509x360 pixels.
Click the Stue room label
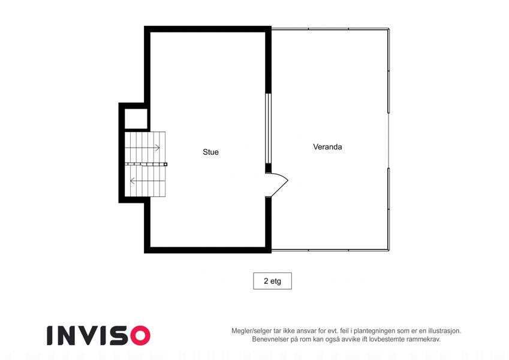[210, 152]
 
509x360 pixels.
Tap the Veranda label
[327, 147]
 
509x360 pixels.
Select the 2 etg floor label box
[272, 281]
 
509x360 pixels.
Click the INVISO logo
[99, 335]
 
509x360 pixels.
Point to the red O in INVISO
[140, 335]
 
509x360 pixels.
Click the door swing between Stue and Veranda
[279, 184]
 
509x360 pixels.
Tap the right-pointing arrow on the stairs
[143, 148]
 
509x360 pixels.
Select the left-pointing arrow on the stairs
[147, 181]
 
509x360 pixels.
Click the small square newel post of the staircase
[165, 164]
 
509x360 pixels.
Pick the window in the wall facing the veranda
[268, 128]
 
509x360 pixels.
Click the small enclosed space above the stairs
[136, 119]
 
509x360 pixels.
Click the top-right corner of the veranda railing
[388, 29]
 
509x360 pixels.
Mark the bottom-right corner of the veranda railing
[388, 250]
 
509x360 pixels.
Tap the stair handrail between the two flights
[146, 164]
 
